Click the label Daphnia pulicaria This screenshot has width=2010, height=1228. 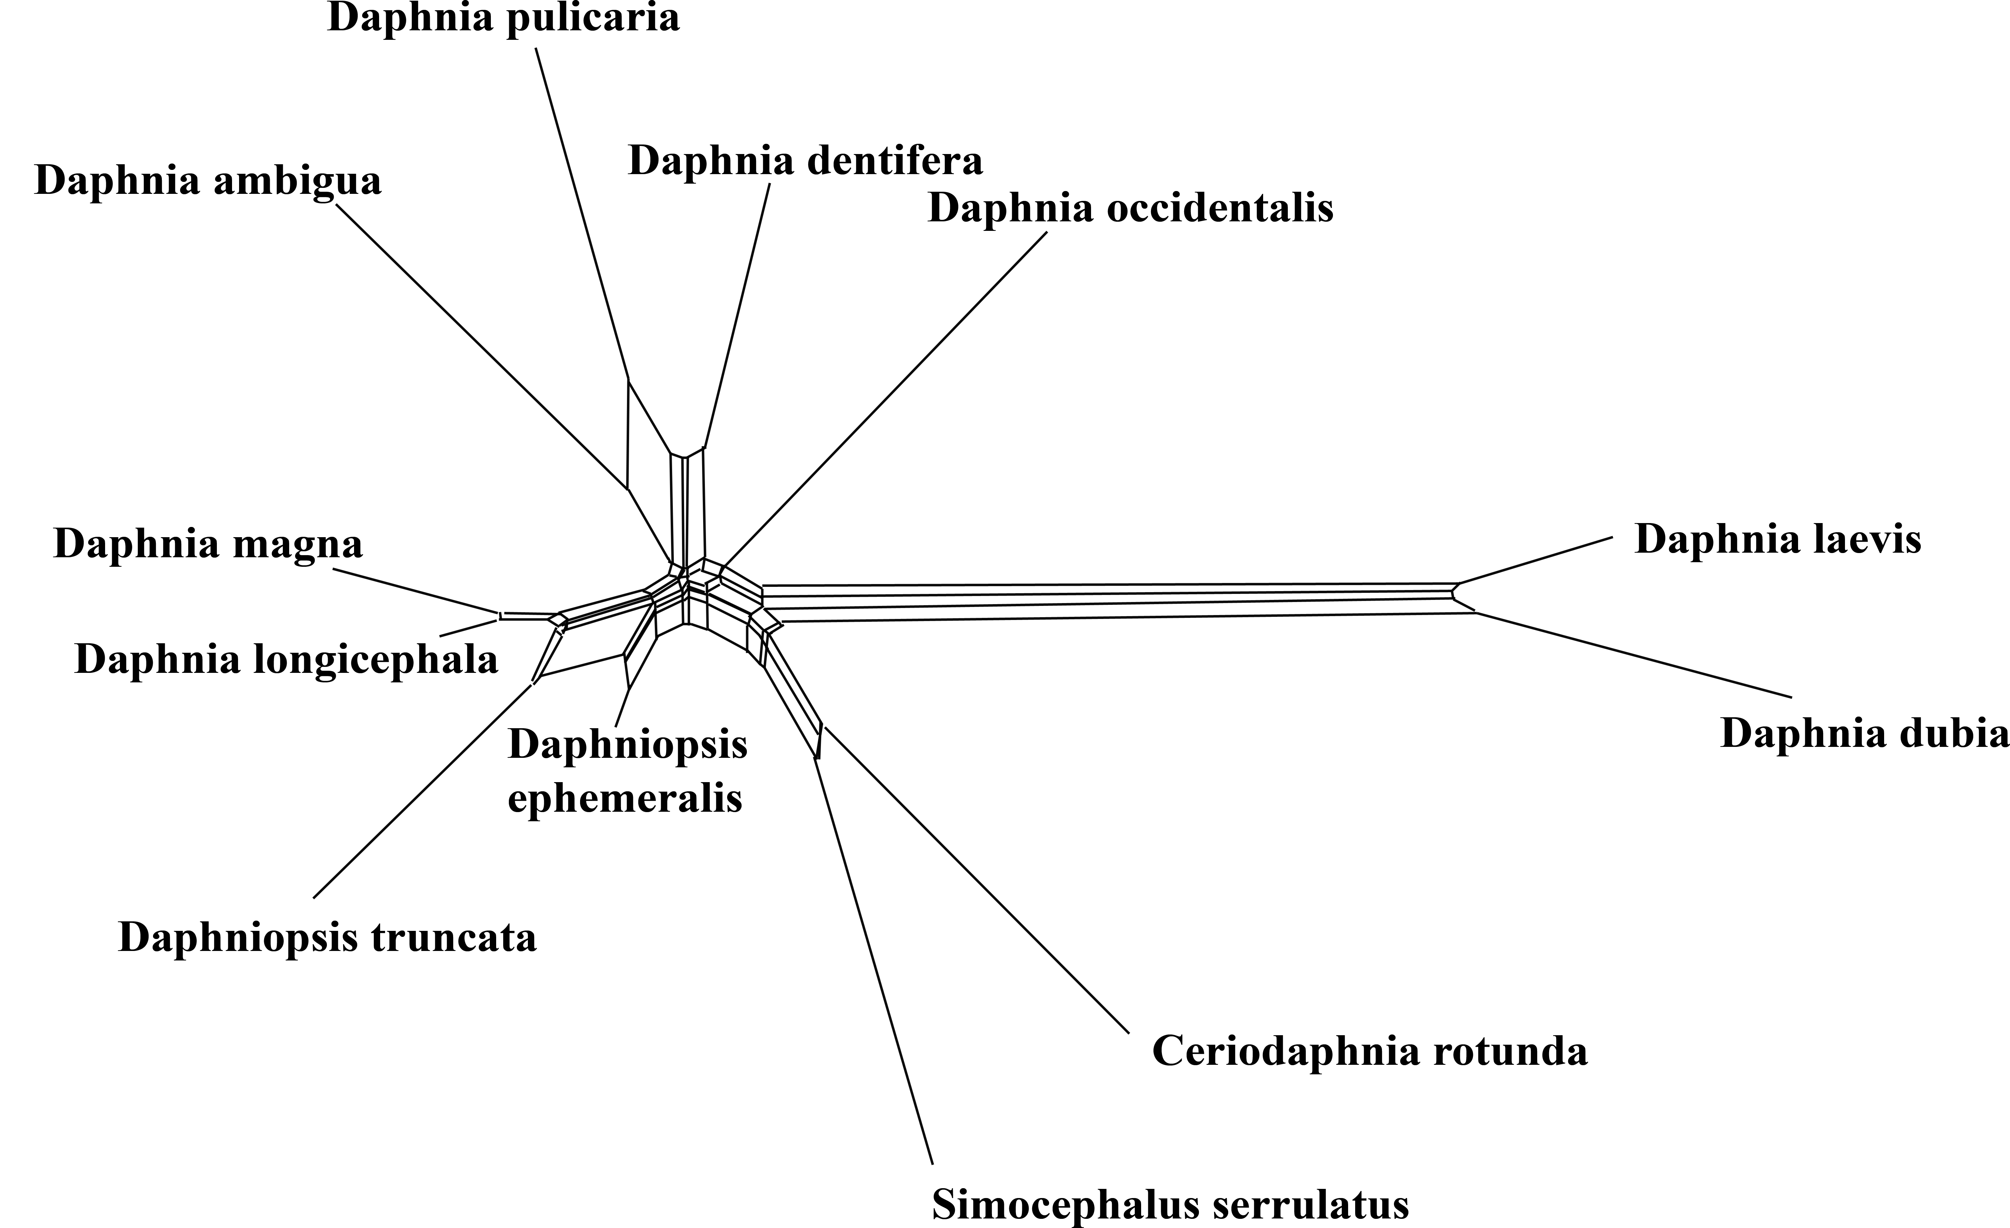click(503, 18)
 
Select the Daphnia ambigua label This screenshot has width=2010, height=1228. click(208, 181)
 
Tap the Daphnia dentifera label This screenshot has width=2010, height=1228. click(805, 161)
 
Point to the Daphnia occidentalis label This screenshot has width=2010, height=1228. click(1131, 208)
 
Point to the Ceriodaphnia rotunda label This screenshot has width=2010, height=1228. click(1370, 1051)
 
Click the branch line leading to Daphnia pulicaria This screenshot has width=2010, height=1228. click(581, 214)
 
